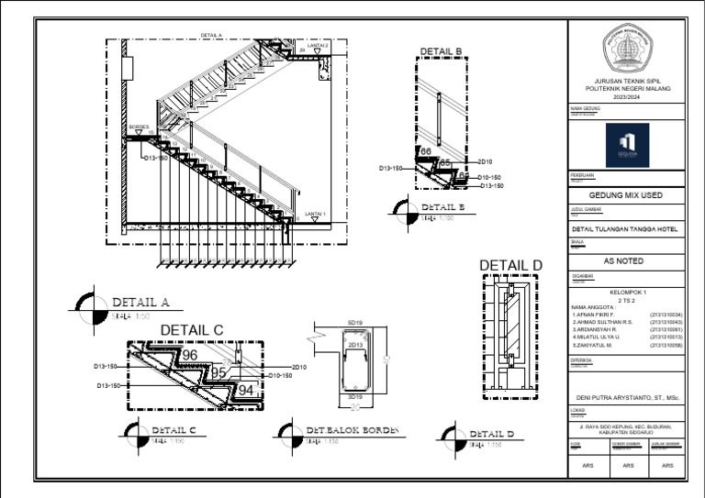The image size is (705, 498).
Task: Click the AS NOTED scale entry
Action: [x=626, y=260]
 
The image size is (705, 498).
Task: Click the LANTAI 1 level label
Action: [x=316, y=213]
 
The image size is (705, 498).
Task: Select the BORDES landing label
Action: [x=138, y=127]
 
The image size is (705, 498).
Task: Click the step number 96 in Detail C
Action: [x=190, y=355]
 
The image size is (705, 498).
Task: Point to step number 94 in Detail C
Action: [x=245, y=390]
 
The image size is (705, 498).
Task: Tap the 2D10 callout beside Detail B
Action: [x=486, y=161]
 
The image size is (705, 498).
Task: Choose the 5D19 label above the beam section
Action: [x=354, y=324]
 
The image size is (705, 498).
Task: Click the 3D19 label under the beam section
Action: [x=354, y=397]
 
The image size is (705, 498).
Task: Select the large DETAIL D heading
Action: [x=510, y=266]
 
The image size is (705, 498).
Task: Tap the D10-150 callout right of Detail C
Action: [x=280, y=375]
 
